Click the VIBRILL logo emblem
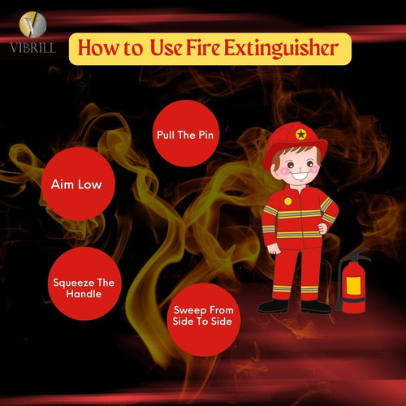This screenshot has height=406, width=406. point(32,24)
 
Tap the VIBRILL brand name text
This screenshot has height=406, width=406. point(32,47)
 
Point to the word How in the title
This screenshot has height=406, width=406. point(98,49)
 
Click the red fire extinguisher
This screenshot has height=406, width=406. point(353,284)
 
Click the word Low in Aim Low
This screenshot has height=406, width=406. point(89,184)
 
